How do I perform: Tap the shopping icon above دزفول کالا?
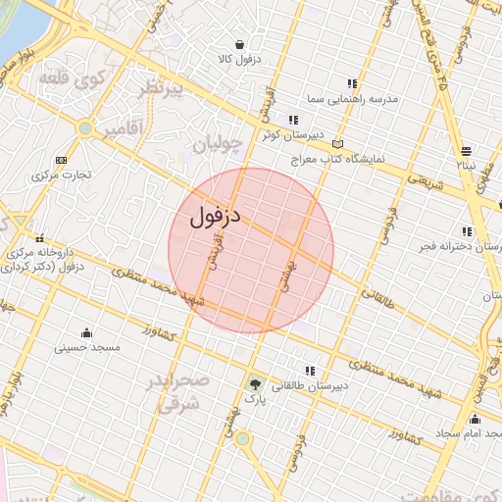[x=240, y=44]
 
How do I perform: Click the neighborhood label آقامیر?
[x=127, y=127]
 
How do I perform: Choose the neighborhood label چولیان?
[x=217, y=145]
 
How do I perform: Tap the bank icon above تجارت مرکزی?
[x=62, y=160]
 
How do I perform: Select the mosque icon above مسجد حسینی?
[x=87, y=331]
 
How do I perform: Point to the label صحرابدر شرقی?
[x=177, y=389]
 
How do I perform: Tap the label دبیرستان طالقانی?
[x=303, y=385]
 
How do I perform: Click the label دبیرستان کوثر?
[x=283, y=134]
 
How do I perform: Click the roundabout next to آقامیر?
[x=85, y=127]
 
